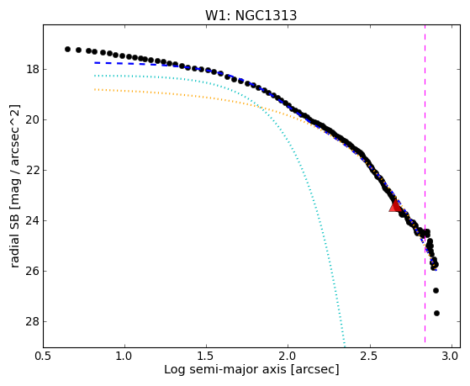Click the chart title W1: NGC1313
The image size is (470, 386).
(x=251, y=15)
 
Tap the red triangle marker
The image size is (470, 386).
(x=395, y=205)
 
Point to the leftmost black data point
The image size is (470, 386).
(x=67, y=49)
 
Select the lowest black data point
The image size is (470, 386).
(x=436, y=313)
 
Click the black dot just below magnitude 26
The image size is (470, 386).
(x=436, y=290)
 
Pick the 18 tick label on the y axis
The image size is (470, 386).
(x=33, y=70)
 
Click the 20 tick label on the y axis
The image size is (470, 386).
(x=33, y=120)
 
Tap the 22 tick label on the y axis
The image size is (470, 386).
(x=33, y=171)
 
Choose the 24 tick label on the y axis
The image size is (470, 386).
(x=33, y=220)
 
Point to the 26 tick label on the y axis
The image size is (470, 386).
(x=33, y=271)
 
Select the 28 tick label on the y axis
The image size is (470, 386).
(x=33, y=321)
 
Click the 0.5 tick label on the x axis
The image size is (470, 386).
(x=43, y=357)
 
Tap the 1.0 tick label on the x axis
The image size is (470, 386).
(x=124, y=357)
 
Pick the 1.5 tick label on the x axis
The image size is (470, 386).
(x=207, y=357)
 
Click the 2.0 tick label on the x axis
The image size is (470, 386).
(x=288, y=357)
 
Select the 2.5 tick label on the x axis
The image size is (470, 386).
(x=370, y=357)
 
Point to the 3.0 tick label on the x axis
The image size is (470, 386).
(x=452, y=357)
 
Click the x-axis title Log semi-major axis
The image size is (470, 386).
(x=225, y=369)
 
